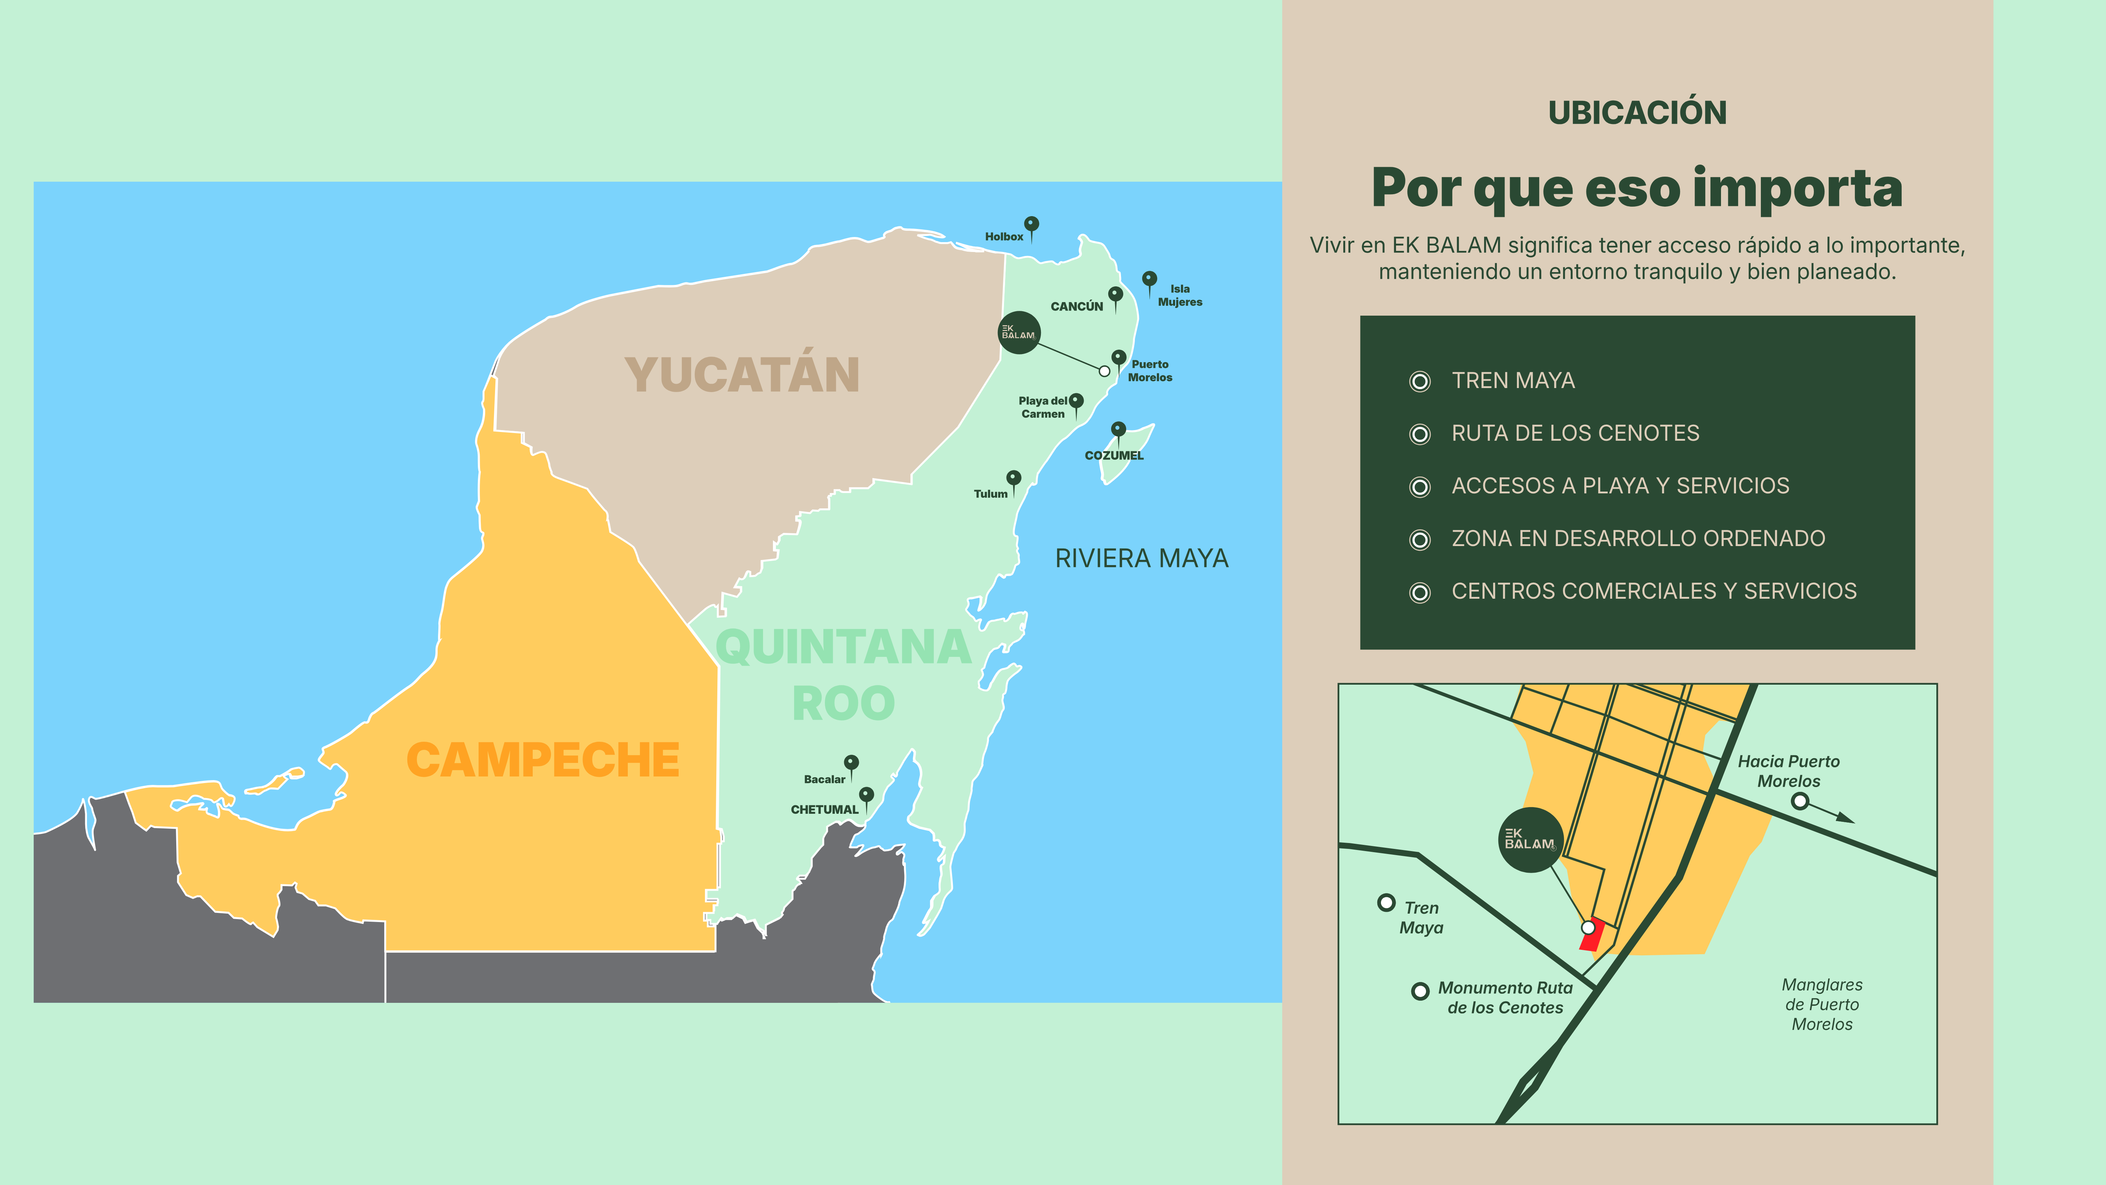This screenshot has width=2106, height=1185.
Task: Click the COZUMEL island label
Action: (x=1113, y=455)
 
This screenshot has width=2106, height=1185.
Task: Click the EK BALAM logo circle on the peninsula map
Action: (x=1019, y=333)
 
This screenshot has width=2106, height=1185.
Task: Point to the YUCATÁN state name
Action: (x=741, y=375)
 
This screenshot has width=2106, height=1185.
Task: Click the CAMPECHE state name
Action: (x=543, y=760)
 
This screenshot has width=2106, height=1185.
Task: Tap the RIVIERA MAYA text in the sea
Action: (x=1141, y=558)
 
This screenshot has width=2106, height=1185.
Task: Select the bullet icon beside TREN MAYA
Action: (x=1420, y=381)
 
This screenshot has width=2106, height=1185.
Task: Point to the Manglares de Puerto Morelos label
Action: (x=1822, y=1004)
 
